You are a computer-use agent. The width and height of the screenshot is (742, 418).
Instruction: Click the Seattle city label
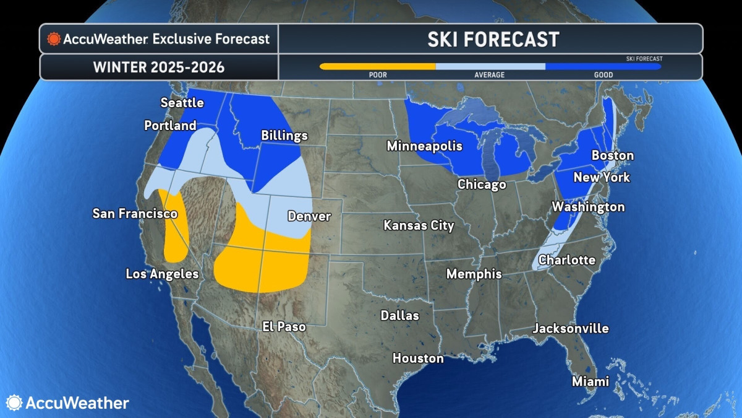[x=182, y=103]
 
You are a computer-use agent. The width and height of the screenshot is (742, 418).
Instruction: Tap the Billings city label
[x=284, y=136]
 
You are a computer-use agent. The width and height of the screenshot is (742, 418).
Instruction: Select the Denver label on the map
[x=309, y=217]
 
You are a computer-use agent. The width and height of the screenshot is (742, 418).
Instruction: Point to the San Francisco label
[x=135, y=214]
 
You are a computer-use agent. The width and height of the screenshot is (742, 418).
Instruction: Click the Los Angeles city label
[x=162, y=274]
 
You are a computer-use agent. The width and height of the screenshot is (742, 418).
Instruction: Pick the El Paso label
[x=284, y=326]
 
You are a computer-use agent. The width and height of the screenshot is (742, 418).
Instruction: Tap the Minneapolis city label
[x=424, y=147]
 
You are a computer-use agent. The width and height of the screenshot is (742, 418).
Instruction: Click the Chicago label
[x=482, y=185]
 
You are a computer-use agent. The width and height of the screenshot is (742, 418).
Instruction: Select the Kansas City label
[x=419, y=225]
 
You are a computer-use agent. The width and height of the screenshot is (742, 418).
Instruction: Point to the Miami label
[x=590, y=381]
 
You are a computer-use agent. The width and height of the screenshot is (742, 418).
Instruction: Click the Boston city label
[x=613, y=155]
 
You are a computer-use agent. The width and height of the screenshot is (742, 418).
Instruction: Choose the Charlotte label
[x=566, y=260]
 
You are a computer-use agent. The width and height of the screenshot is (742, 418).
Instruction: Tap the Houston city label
[x=418, y=359]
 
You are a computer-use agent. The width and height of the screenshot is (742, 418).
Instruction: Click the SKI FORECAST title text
[x=493, y=40]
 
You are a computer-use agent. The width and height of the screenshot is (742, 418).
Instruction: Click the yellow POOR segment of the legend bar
[x=377, y=66]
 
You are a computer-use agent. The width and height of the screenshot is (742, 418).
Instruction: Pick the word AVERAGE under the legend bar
[x=490, y=75]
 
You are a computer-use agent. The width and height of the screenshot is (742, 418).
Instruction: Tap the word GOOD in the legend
[x=603, y=75]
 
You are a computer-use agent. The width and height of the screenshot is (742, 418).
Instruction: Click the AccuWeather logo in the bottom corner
[x=68, y=403]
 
